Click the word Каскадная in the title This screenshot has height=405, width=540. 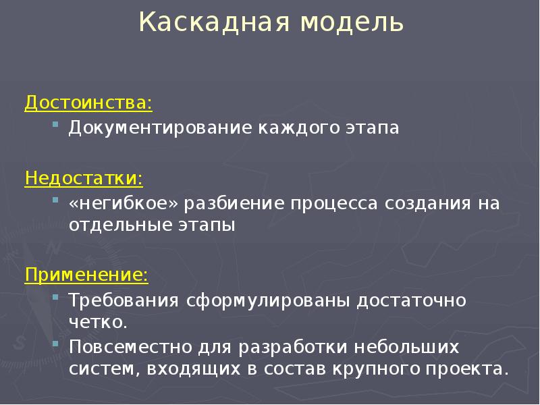point(214,22)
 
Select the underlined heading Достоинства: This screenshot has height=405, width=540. point(88,103)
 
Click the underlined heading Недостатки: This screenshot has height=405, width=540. point(84,178)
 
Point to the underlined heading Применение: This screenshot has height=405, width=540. point(86,275)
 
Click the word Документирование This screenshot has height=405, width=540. point(161,128)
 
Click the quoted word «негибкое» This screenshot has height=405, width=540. point(124,203)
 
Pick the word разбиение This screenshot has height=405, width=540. point(234,204)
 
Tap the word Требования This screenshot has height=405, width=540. point(124,300)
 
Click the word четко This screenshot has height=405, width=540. point(98,323)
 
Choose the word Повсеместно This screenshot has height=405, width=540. point(130,347)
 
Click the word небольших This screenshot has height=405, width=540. point(406,346)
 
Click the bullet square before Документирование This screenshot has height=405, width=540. point(55,124)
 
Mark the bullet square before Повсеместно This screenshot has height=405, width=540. point(55,344)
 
